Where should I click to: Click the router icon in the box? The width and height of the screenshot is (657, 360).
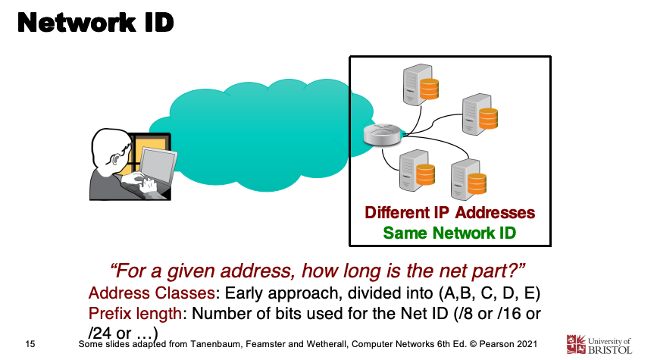tap(377, 136)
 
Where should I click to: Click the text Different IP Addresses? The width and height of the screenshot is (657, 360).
tap(449, 212)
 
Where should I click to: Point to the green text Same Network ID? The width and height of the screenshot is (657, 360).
tap(449, 233)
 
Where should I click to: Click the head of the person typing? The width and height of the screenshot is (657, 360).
tap(114, 149)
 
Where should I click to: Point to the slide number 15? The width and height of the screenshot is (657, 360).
tap(31, 345)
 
